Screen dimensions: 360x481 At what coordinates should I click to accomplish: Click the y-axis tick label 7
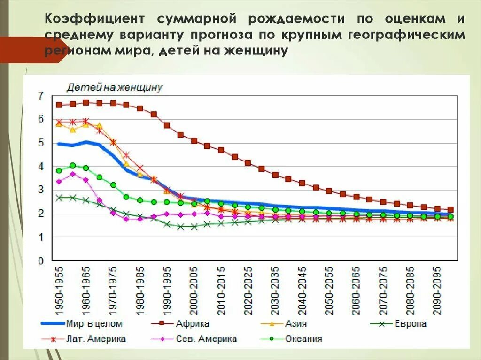pos(41,96)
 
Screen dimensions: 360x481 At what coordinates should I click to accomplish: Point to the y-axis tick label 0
pos(41,260)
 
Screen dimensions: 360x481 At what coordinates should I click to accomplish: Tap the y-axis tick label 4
pos(41,166)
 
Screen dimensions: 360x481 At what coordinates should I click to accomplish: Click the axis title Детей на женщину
pos(115,87)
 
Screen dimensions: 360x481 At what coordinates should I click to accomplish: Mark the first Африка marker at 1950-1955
pos(59,105)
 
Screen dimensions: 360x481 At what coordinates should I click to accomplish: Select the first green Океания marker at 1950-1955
pos(59,171)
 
